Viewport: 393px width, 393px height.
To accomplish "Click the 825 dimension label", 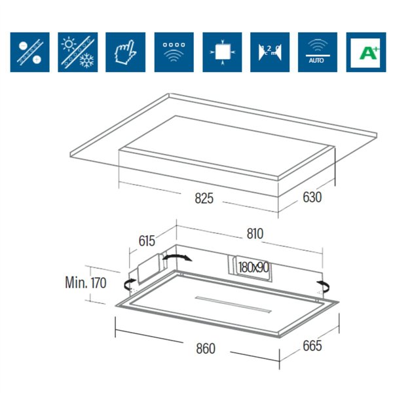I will click(204, 198).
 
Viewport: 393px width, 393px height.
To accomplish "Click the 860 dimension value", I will click(205, 348).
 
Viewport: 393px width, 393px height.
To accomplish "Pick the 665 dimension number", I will click(312, 345).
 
